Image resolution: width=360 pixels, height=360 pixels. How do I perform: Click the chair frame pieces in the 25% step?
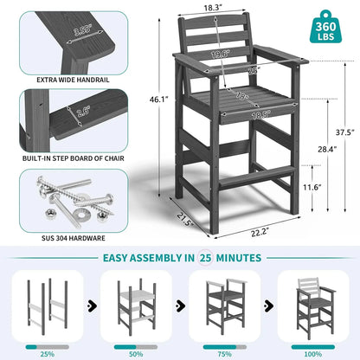pyautogui.click(x=48, y=306)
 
